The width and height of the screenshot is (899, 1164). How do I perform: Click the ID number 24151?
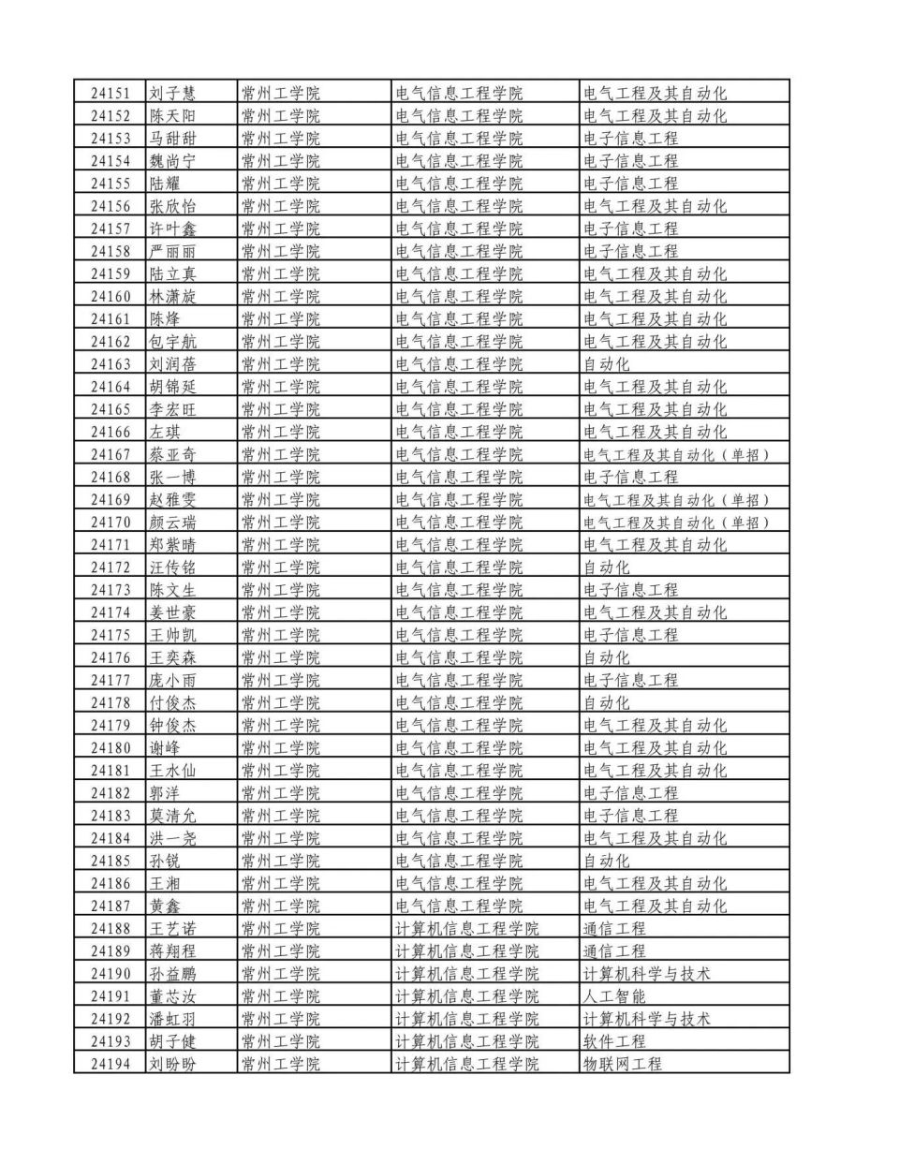pyautogui.click(x=111, y=94)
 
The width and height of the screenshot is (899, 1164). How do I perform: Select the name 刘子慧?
pyautogui.click(x=173, y=94)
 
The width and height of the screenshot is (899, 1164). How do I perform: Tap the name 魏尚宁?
pyautogui.click(x=173, y=161)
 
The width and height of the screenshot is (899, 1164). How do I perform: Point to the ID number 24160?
pyautogui.click(x=111, y=297)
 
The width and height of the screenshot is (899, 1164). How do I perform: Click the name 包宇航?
pyautogui.click(x=173, y=342)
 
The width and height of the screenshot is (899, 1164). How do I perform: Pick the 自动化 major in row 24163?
pyautogui.click(x=607, y=364)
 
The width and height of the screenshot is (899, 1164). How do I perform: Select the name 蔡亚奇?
pyautogui.click(x=173, y=455)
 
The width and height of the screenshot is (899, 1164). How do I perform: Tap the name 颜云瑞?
pyautogui.click(x=173, y=523)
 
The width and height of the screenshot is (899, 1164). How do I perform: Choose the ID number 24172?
pyautogui.click(x=111, y=567)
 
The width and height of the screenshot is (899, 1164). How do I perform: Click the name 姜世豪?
pyautogui.click(x=173, y=612)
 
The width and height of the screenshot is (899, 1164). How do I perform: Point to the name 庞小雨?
pyautogui.click(x=173, y=681)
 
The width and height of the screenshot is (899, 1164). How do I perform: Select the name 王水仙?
pyautogui.click(x=173, y=771)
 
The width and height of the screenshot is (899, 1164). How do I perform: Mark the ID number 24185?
pyautogui.click(x=111, y=861)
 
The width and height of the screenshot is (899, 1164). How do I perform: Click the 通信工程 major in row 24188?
pyautogui.click(x=614, y=929)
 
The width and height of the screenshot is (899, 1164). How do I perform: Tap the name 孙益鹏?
pyautogui.click(x=173, y=974)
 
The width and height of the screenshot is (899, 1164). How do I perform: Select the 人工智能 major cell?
pyautogui.click(x=614, y=996)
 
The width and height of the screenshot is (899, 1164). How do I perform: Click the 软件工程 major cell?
pyautogui.click(x=614, y=1041)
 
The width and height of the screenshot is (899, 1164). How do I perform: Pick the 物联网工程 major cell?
pyautogui.click(x=623, y=1064)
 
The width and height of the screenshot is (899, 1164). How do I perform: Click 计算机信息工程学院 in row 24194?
pyautogui.click(x=467, y=1064)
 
